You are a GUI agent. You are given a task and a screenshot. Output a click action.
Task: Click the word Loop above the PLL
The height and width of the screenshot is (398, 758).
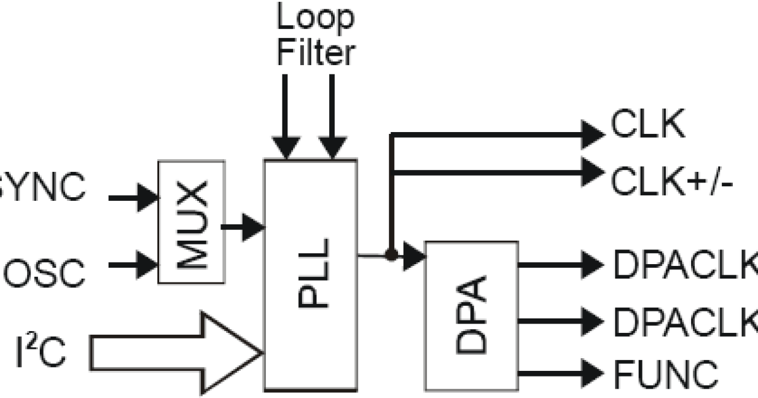tap(315, 19)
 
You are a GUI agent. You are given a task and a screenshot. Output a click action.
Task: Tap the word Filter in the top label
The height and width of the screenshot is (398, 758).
tap(315, 52)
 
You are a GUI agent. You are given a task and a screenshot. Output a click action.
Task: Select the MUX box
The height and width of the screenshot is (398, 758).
tap(191, 221)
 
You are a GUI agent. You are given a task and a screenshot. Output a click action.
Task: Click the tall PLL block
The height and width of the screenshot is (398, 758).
tap(310, 274)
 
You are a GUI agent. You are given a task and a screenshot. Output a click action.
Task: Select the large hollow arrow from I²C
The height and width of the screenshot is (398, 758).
tap(177, 351)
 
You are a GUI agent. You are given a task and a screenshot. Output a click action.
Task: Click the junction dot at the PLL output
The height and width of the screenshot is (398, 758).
tap(392, 255)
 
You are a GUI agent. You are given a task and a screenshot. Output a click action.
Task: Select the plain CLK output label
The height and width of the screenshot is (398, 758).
tap(647, 126)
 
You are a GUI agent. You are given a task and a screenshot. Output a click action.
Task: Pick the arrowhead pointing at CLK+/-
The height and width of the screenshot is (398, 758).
tap(591, 172)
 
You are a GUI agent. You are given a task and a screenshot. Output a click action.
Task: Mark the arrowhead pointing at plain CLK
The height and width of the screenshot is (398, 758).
tap(591, 133)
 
